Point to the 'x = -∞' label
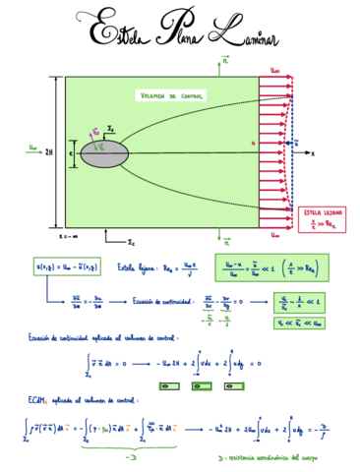click(x=69, y=236)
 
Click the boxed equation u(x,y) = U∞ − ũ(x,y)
click(x=69, y=266)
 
